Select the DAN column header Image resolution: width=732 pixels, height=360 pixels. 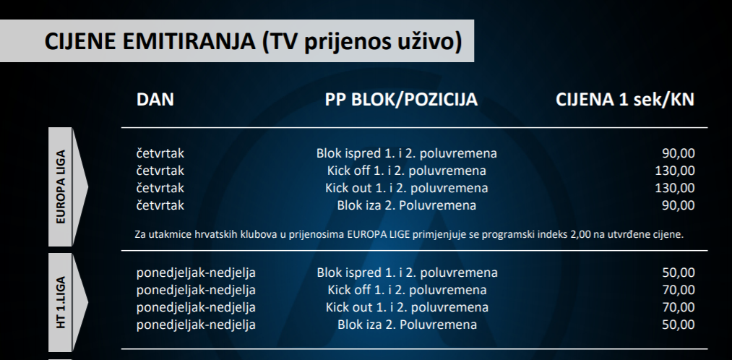(155, 100)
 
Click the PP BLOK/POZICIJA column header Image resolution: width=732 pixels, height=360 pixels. (401, 100)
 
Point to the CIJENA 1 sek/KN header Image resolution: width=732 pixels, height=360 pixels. (624, 100)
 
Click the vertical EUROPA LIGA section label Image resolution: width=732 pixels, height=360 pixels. (61, 187)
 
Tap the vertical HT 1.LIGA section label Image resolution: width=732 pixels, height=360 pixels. (61, 303)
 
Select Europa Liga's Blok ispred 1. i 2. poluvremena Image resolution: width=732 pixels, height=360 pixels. (407, 154)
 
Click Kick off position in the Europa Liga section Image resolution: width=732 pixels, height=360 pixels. (407, 171)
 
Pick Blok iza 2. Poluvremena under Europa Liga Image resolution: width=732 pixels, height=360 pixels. (407, 205)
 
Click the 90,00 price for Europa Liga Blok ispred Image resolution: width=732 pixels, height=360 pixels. (679, 154)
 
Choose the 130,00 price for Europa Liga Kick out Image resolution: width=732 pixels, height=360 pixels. (675, 188)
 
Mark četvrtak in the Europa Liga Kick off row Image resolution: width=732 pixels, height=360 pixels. (160, 171)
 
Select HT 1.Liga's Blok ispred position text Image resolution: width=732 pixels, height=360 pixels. (407, 273)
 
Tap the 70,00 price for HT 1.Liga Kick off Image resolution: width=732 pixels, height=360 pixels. (679, 290)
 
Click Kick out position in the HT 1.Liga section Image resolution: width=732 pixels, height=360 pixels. (407, 307)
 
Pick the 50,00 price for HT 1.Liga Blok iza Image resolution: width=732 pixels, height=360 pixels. (679, 325)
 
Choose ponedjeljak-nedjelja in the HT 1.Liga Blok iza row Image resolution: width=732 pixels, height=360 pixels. (196, 325)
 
